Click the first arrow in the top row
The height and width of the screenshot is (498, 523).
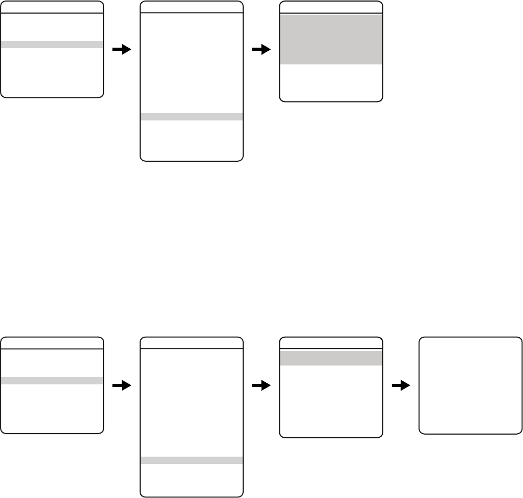click(x=122, y=49)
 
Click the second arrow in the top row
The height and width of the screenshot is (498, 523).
click(x=261, y=49)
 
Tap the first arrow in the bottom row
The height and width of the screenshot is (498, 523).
click(x=122, y=385)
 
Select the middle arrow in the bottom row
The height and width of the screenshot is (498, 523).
click(x=261, y=385)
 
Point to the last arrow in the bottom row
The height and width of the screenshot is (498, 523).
click(x=401, y=385)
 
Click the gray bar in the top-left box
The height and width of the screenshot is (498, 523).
click(x=52, y=45)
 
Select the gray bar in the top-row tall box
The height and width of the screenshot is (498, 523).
click(x=192, y=117)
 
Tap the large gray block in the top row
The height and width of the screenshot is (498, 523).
click(x=332, y=39)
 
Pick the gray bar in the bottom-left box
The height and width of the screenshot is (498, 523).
click(x=52, y=381)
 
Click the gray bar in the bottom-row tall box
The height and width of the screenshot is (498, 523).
click(x=192, y=460)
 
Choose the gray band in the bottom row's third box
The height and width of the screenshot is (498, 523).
click(x=332, y=358)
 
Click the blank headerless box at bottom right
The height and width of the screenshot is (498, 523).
click(x=471, y=385)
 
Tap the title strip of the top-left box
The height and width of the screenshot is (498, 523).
click(x=52, y=7)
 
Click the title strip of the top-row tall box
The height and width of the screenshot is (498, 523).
click(x=192, y=7)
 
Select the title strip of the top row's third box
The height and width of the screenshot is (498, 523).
click(x=332, y=7)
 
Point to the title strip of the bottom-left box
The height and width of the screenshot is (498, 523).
click(x=52, y=344)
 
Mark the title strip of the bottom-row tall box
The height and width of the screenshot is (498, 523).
click(x=192, y=344)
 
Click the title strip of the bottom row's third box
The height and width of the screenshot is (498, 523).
click(x=332, y=344)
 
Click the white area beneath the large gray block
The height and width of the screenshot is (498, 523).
click(x=332, y=82)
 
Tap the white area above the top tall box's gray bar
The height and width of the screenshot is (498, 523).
click(x=192, y=63)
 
